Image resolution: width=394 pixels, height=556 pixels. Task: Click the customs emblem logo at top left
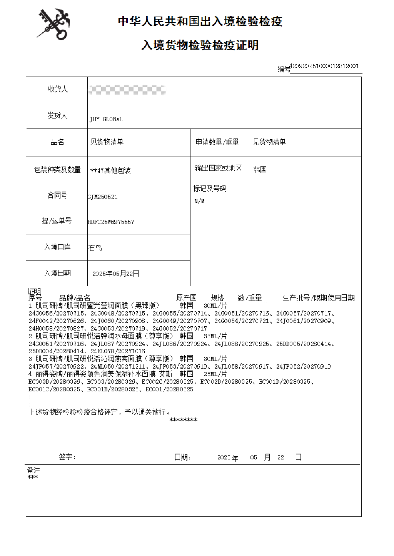[54, 25]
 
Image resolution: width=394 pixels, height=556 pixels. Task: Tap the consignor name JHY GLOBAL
[106, 119]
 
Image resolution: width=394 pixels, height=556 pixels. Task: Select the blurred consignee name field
[127, 90]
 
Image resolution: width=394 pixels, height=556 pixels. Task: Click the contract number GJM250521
[103, 197]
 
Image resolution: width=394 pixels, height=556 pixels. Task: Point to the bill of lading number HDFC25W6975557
[111, 222]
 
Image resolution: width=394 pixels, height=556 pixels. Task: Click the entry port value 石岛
[95, 248]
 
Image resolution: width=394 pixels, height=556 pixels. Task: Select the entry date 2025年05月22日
[116, 274]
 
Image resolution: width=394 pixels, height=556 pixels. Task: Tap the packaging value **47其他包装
[110, 171]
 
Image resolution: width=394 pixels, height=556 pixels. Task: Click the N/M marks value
[199, 201]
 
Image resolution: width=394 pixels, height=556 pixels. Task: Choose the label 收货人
[58, 89]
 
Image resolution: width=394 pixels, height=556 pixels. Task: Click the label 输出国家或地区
[218, 168]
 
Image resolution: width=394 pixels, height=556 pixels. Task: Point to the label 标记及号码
[210, 189]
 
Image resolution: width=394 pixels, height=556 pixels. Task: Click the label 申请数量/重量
[217, 142]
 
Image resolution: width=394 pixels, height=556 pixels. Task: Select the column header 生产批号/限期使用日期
[318, 298]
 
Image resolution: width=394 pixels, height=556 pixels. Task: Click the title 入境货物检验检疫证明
[200, 45]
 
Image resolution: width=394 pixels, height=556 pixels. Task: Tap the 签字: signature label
[67, 457]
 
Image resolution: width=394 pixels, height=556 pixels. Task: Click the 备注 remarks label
[34, 470]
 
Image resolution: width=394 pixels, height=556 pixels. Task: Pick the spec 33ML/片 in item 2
[215, 336]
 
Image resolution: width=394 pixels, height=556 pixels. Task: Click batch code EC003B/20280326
[54, 381]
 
